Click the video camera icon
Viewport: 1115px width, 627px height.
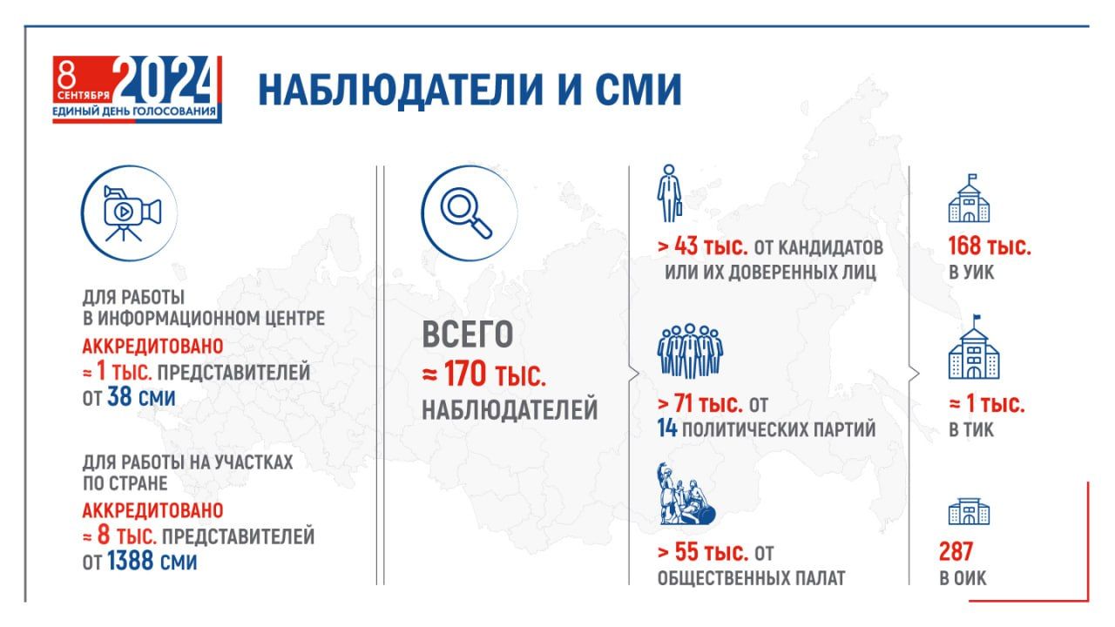pos(132,213)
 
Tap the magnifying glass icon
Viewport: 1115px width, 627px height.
pos(466,212)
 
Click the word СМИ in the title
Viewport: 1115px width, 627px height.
pos(639,90)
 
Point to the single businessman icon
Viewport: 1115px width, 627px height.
pos(669,193)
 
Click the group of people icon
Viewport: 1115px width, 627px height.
pos(690,351)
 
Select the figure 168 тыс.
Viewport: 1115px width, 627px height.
pos(989,246)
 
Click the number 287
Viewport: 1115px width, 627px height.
pos(956,551)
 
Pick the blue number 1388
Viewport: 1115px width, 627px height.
pos(131,561)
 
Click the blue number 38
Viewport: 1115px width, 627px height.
pos(119,396)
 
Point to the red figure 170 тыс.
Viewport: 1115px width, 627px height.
pos(495,374)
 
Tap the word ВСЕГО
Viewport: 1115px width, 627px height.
pos(468,334)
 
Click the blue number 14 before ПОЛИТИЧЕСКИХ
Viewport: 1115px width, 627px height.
pos(667,428)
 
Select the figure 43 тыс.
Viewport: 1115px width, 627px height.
pos(711,246)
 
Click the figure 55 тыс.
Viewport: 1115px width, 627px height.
pos(712,552)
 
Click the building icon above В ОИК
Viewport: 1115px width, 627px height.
pos(969,511)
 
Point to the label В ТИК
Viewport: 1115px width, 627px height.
pos(971,429)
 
